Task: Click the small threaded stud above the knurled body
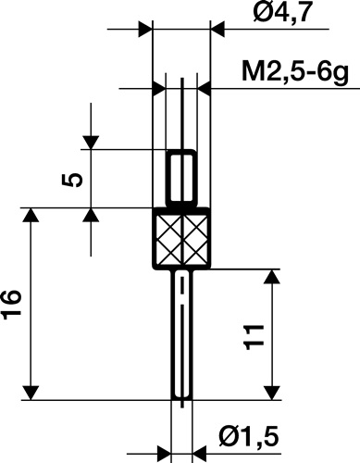pos(183,179)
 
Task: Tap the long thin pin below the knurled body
pos(183,333)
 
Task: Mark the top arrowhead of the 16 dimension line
pos(33,217)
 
